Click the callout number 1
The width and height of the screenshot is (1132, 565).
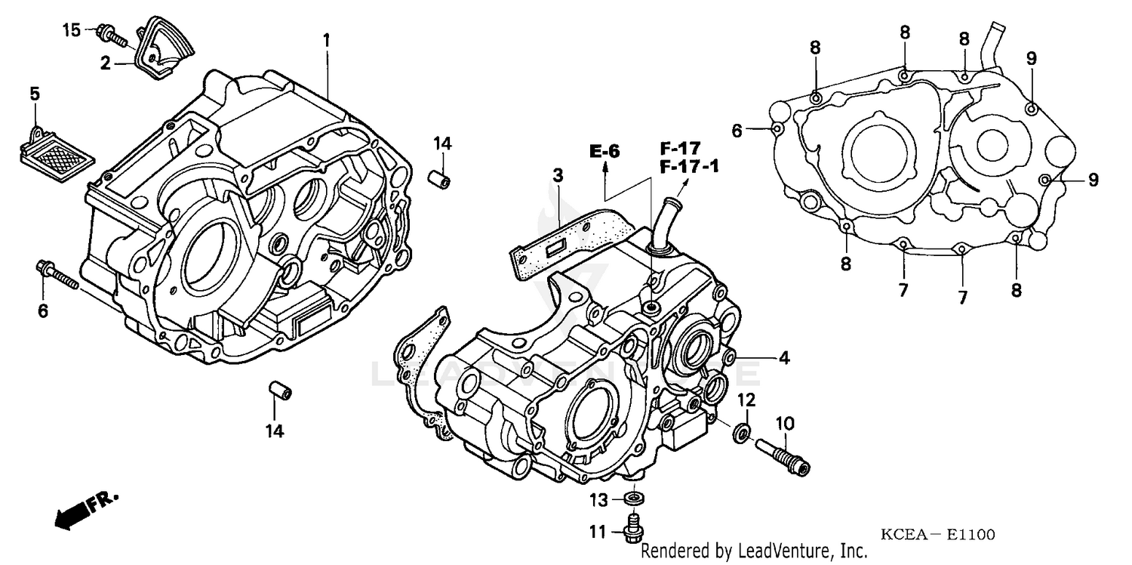click(x=326, y=40)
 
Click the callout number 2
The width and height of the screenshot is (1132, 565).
click(x=106, y=63)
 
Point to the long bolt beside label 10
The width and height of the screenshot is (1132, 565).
click(x=781, y=456)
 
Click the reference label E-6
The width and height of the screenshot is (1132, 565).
click(x=604, y=152)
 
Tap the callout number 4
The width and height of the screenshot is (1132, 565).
click(x=784, y=359)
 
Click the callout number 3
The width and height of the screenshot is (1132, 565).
click(x=558, y=177)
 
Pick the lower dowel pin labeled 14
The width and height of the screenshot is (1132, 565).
click(x=280, y=393)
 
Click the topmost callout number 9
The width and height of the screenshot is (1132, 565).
click(x=1032, y=57)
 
